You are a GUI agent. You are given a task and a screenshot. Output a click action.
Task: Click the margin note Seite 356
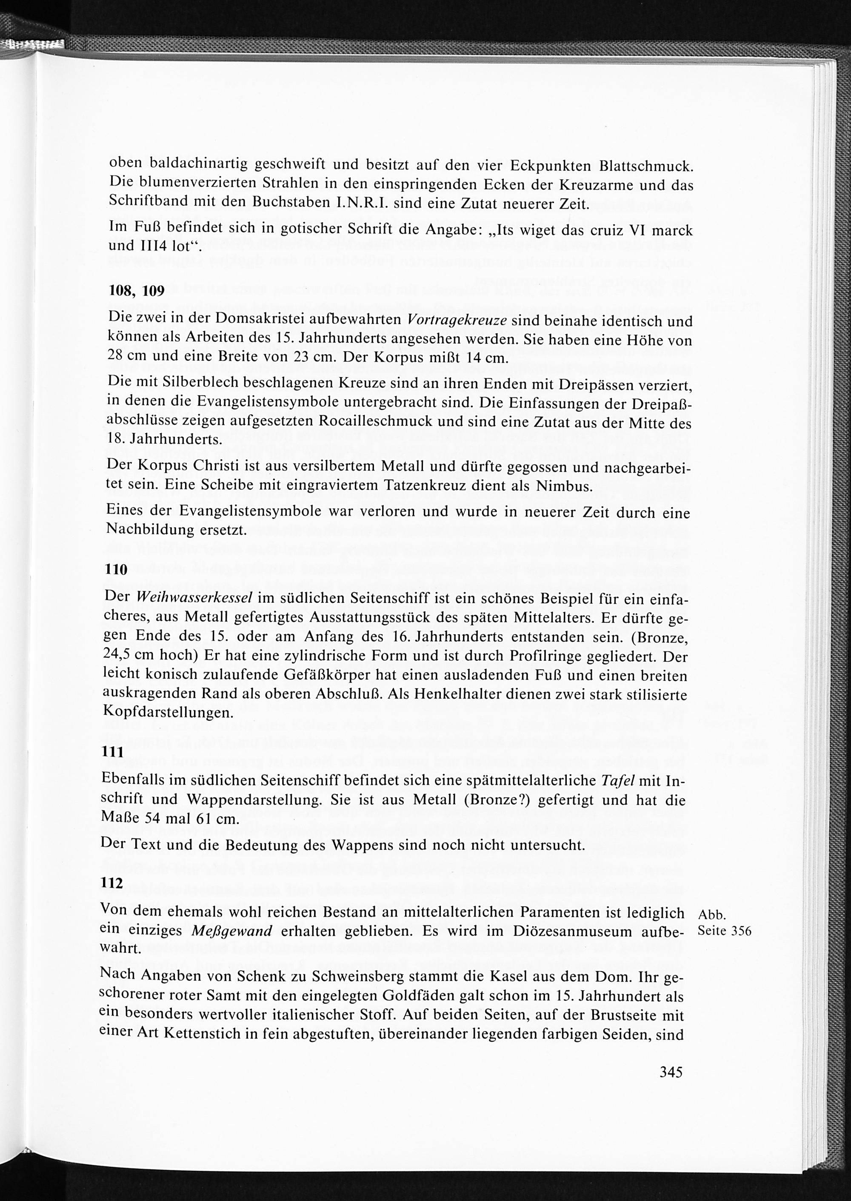point(725,931)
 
